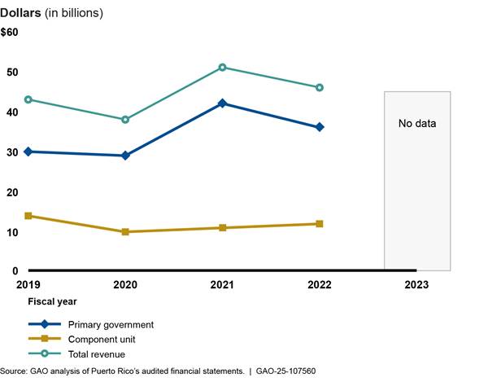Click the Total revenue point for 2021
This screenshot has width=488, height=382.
point(222,68)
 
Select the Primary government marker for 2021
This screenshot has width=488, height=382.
point(222,103)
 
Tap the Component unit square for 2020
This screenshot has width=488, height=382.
point(125,232)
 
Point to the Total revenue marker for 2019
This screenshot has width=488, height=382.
point(28,99)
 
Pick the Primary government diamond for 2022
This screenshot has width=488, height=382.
point(320,127)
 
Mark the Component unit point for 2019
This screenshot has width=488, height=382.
point(28,216)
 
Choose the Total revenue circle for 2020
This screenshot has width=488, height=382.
point(125,120)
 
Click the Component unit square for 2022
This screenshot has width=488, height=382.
point(320,224)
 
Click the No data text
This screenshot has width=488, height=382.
point(417,125)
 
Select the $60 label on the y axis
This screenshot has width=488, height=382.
point(10,33)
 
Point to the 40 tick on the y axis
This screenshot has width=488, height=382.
point(12,112)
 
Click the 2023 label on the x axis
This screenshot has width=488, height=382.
point(416,286)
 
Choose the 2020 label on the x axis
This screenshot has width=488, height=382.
point(124,286)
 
